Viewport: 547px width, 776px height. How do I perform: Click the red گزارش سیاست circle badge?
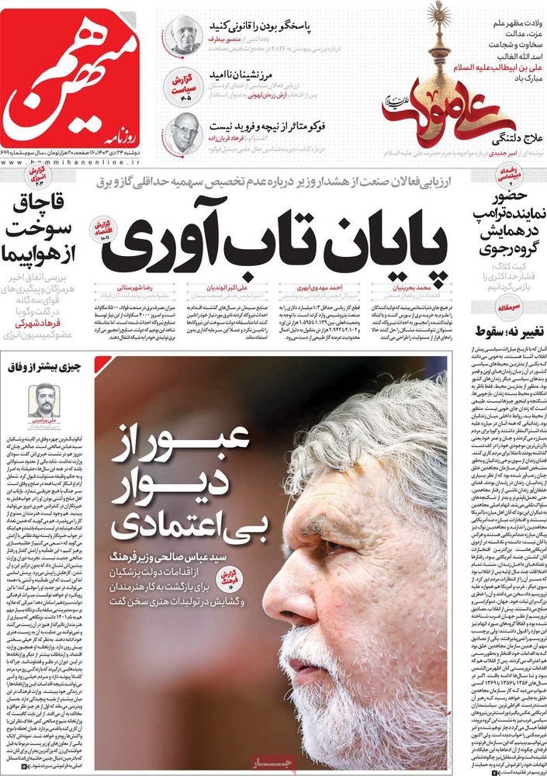click(186, 85)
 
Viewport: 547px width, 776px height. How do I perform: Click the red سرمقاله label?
click(509, 307)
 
